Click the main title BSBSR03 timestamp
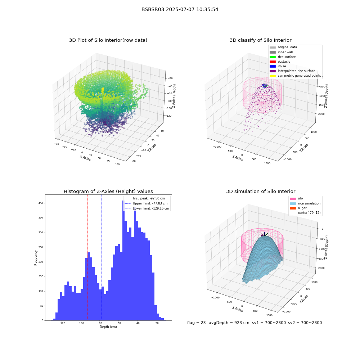[180, 9]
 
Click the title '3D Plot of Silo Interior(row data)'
[108, 40]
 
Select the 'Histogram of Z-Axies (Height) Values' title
[108, 192]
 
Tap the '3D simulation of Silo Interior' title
[261, 192]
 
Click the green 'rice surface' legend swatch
[273, 57]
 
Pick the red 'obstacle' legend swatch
[273, 62]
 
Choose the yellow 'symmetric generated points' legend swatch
[273, 76]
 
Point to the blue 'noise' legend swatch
[273, 66]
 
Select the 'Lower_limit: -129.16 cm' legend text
[151, 208]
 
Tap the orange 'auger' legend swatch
[293, 208]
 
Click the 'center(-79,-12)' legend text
[309, 213]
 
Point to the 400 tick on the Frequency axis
[41, 203]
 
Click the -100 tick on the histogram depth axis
[81, 323]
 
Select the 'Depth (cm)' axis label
[108, 327]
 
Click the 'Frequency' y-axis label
[36, 258]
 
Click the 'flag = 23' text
[196, 323]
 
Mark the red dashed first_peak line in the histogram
[87, 258]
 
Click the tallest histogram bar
[123, 261]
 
